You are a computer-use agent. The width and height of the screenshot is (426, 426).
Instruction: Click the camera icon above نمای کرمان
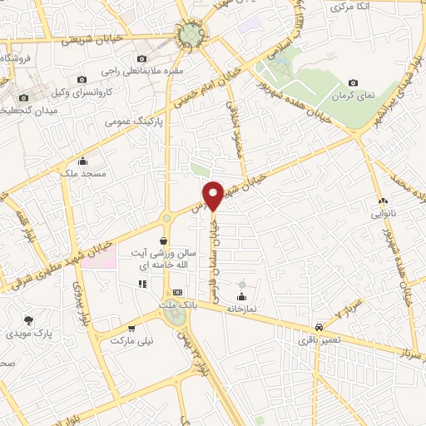click(x=354, y=82)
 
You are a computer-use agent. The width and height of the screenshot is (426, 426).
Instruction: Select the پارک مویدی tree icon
click(x=29, y=319)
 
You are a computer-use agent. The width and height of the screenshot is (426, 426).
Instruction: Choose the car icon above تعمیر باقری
click(x=319, y=328)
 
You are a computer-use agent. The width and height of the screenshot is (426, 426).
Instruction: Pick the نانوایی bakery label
click(x=383, y=213)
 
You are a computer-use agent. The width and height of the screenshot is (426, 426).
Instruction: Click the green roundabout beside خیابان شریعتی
click(x=192, y=34)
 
